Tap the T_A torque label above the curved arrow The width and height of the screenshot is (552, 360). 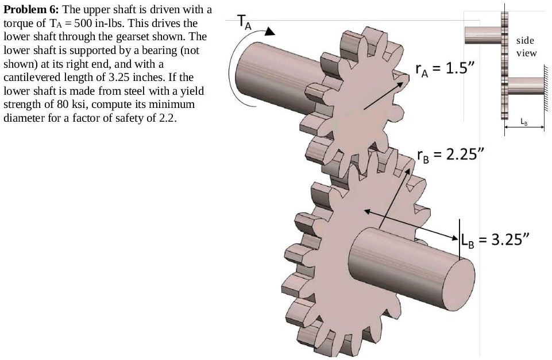pos(244,23)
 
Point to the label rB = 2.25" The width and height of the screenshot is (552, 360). pos(451,154)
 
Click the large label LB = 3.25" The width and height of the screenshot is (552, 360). pos(495,239)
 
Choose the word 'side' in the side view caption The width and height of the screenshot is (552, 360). pos(525,40)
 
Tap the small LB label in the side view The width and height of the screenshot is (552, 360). pos(523,121)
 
